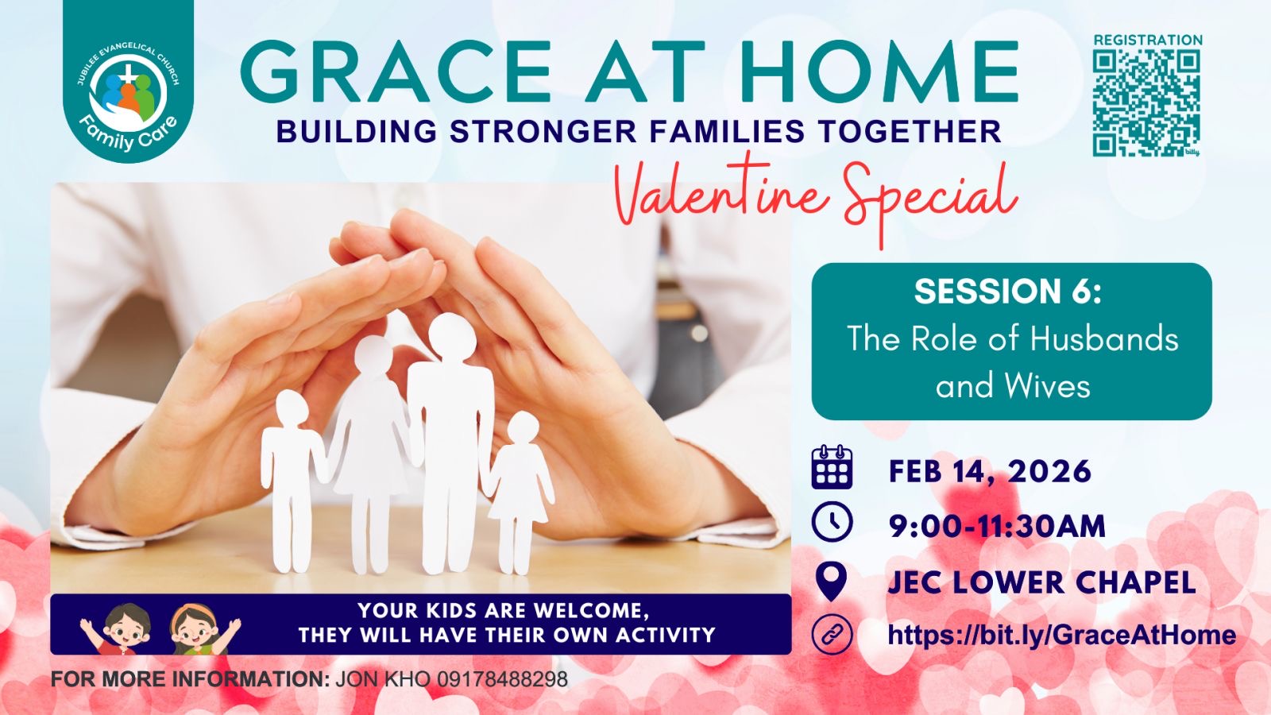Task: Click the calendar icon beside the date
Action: coord(832,467)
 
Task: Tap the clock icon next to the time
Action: coord(832,521)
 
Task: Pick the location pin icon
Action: coord(831,581)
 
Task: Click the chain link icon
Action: coord(832,634)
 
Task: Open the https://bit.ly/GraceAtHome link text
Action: coord(1061,635)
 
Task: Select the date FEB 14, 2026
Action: coord(990,471)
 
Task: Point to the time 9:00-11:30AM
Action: coord(998,525)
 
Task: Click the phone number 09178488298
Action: coord(502,679)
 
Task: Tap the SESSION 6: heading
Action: coord(1008,291)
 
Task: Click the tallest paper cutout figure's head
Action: coord(452,336)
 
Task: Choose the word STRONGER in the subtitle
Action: coord(543,131)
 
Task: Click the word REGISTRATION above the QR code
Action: coord(1148,41)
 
